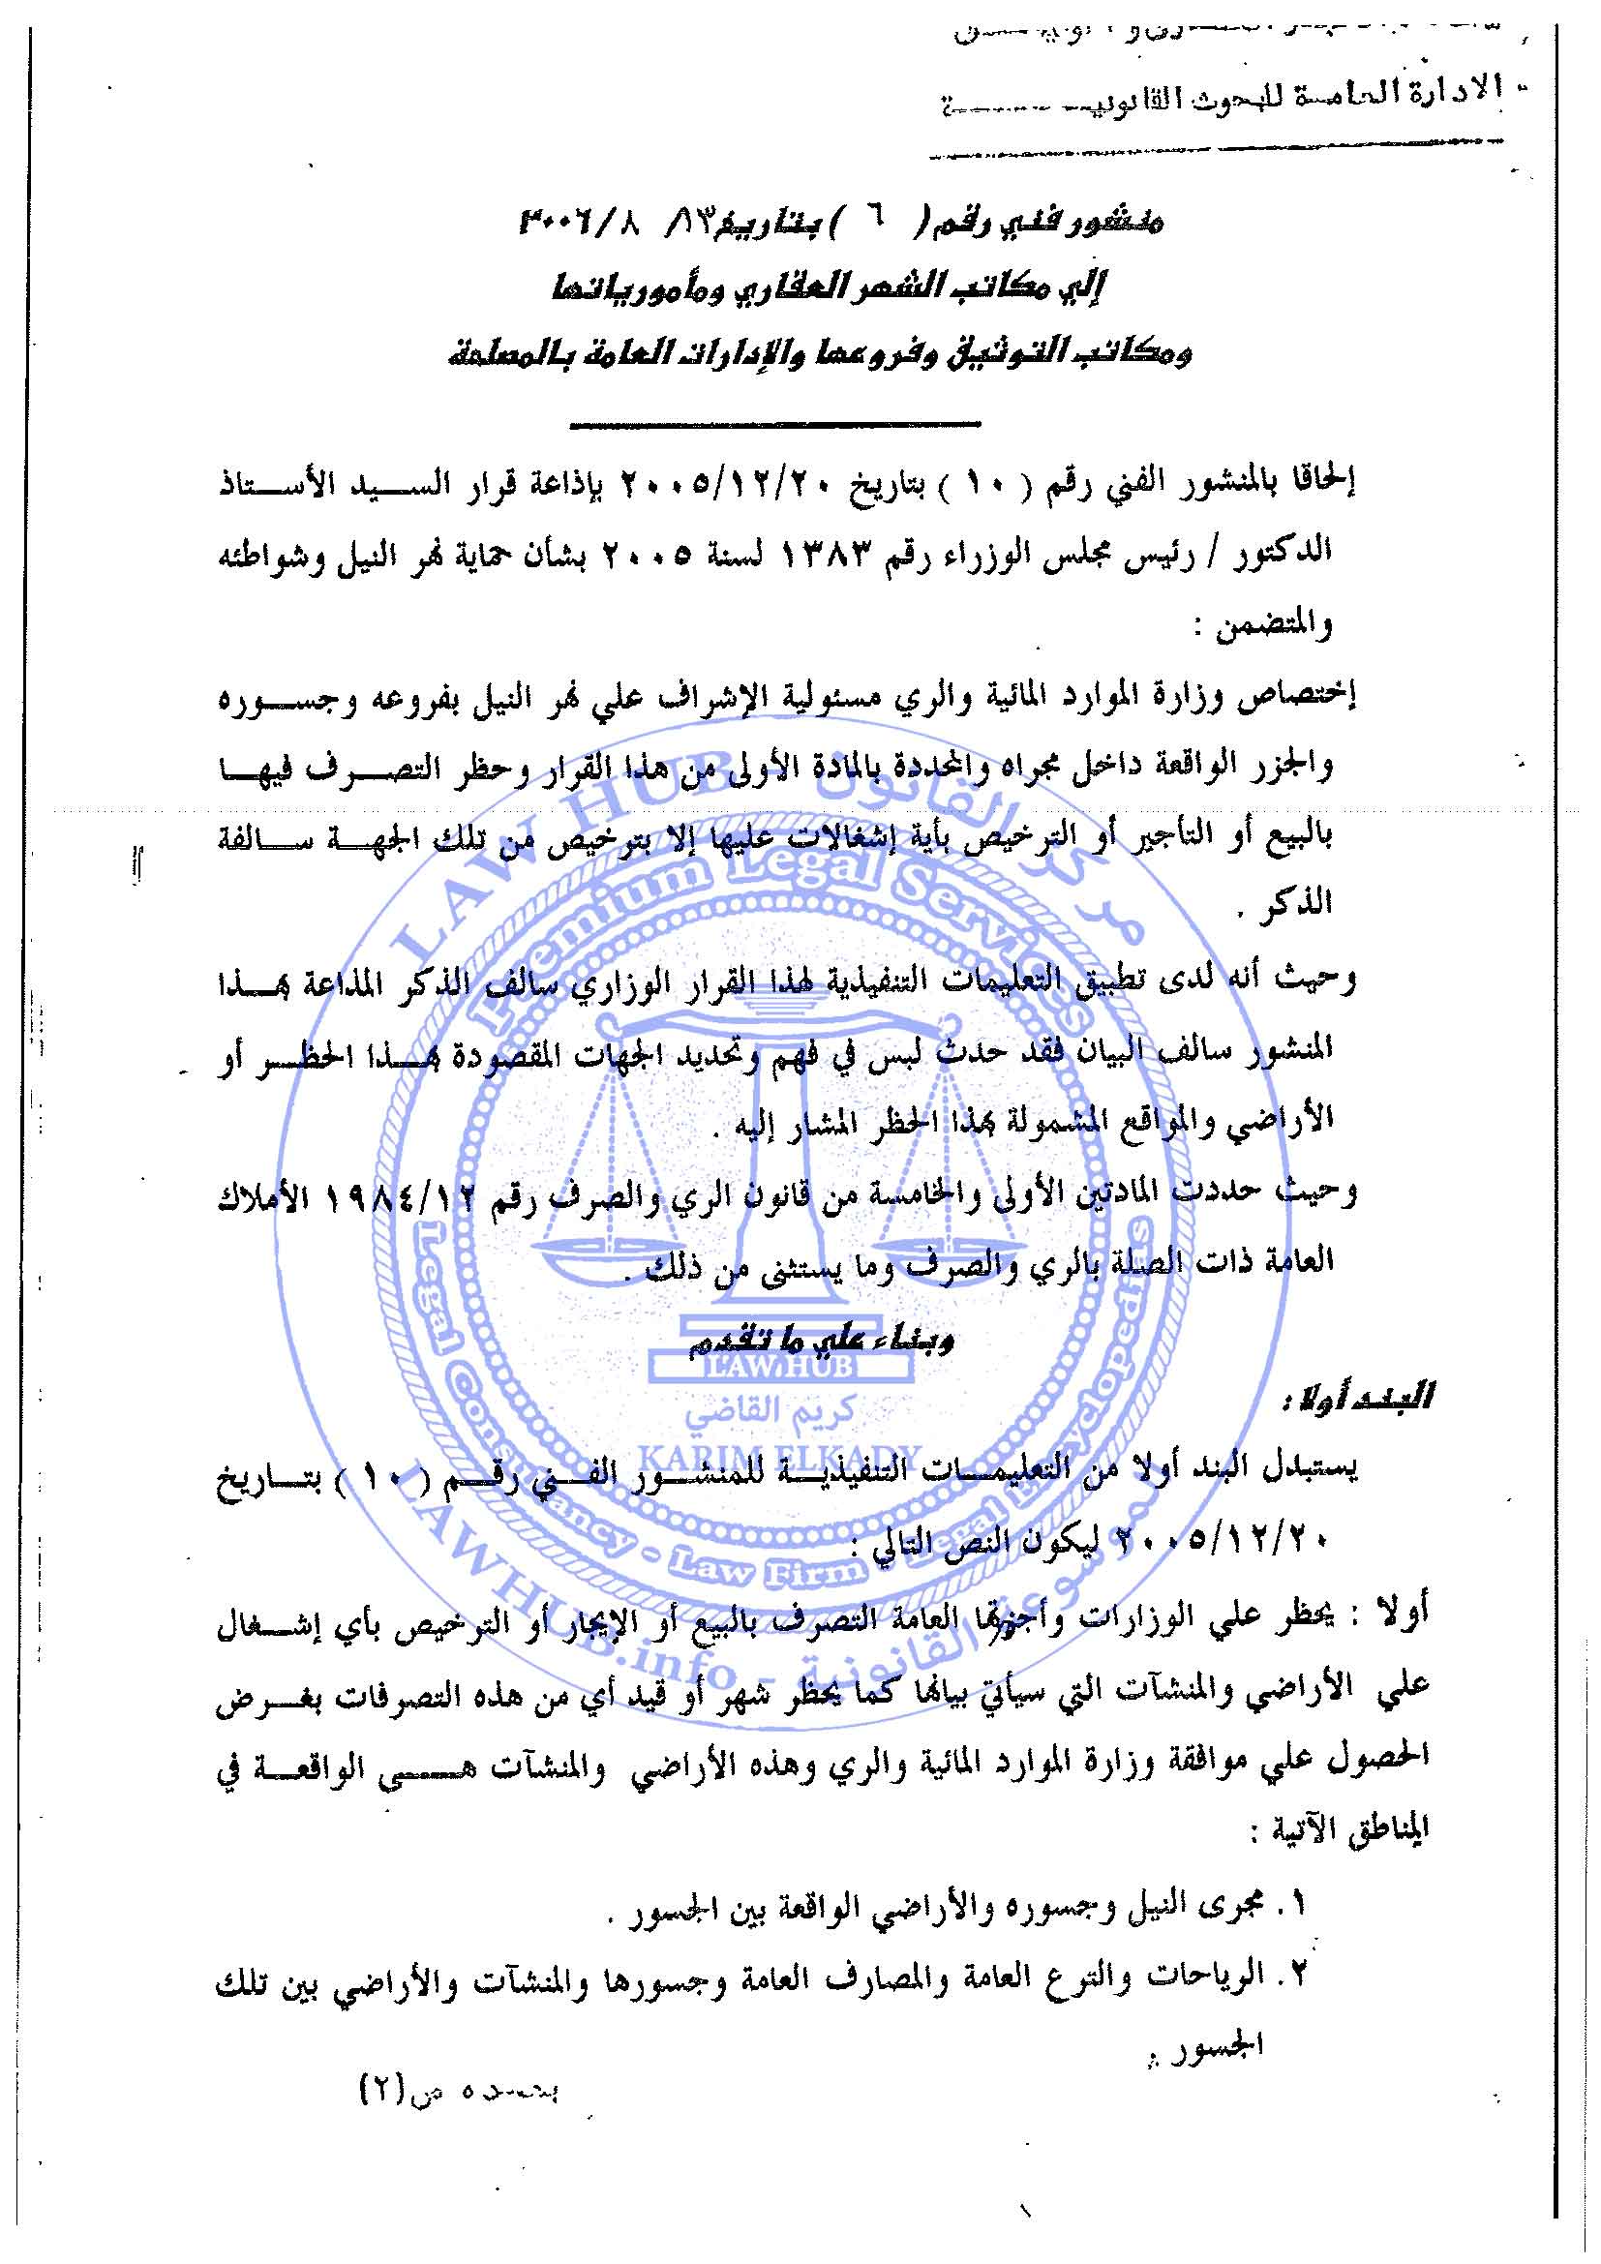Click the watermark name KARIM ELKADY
(x=779, y=1457)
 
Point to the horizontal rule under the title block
(x=775, y=425)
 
